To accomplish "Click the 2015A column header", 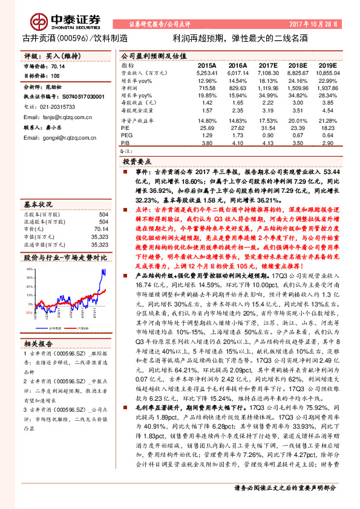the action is [x=206, y=65].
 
